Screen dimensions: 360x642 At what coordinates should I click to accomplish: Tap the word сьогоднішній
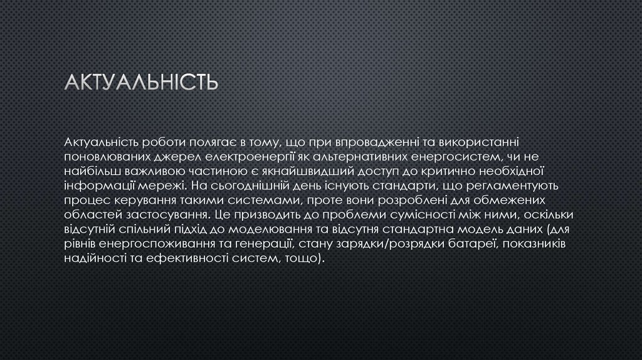click(253, 185)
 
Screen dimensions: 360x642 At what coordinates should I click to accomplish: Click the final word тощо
click(303, 259)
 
